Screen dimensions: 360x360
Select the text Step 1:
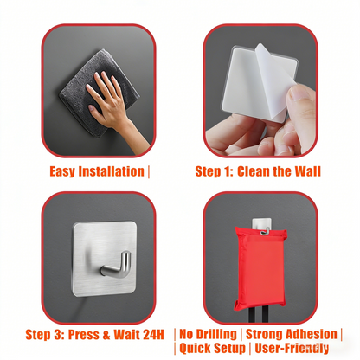point(213,170)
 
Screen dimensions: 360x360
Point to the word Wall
point(305,170)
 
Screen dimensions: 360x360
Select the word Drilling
point(213,334)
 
